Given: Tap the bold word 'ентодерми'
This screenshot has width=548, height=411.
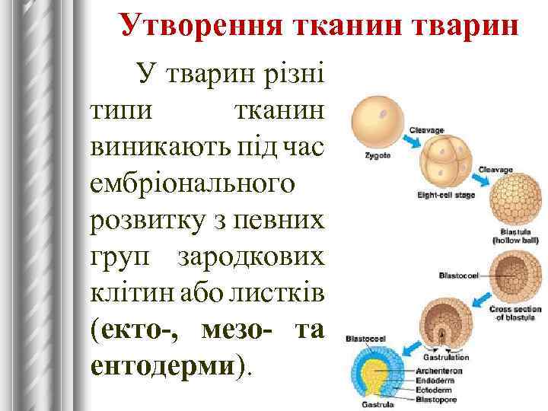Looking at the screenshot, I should coord(164,365).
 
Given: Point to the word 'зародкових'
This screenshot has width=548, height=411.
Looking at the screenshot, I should coord(252,256).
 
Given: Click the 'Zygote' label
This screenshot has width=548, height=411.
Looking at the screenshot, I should coord(378,155).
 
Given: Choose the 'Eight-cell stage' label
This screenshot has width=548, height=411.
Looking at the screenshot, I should coord(446,195).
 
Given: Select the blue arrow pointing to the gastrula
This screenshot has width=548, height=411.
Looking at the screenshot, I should coord(413,346).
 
